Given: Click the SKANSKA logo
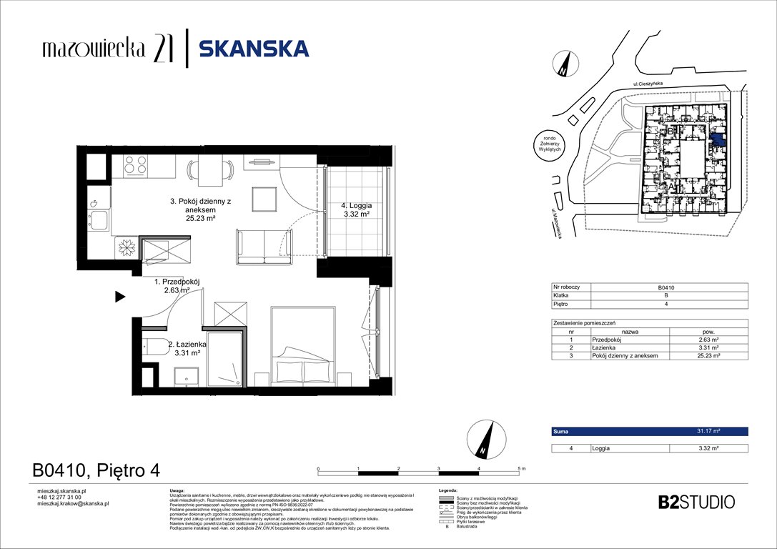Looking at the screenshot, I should click(253, 49).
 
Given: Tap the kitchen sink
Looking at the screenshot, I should click(98, 218).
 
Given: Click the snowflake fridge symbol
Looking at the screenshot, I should click(127, 247).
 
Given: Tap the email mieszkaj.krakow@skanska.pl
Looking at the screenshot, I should click(72, 503).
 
